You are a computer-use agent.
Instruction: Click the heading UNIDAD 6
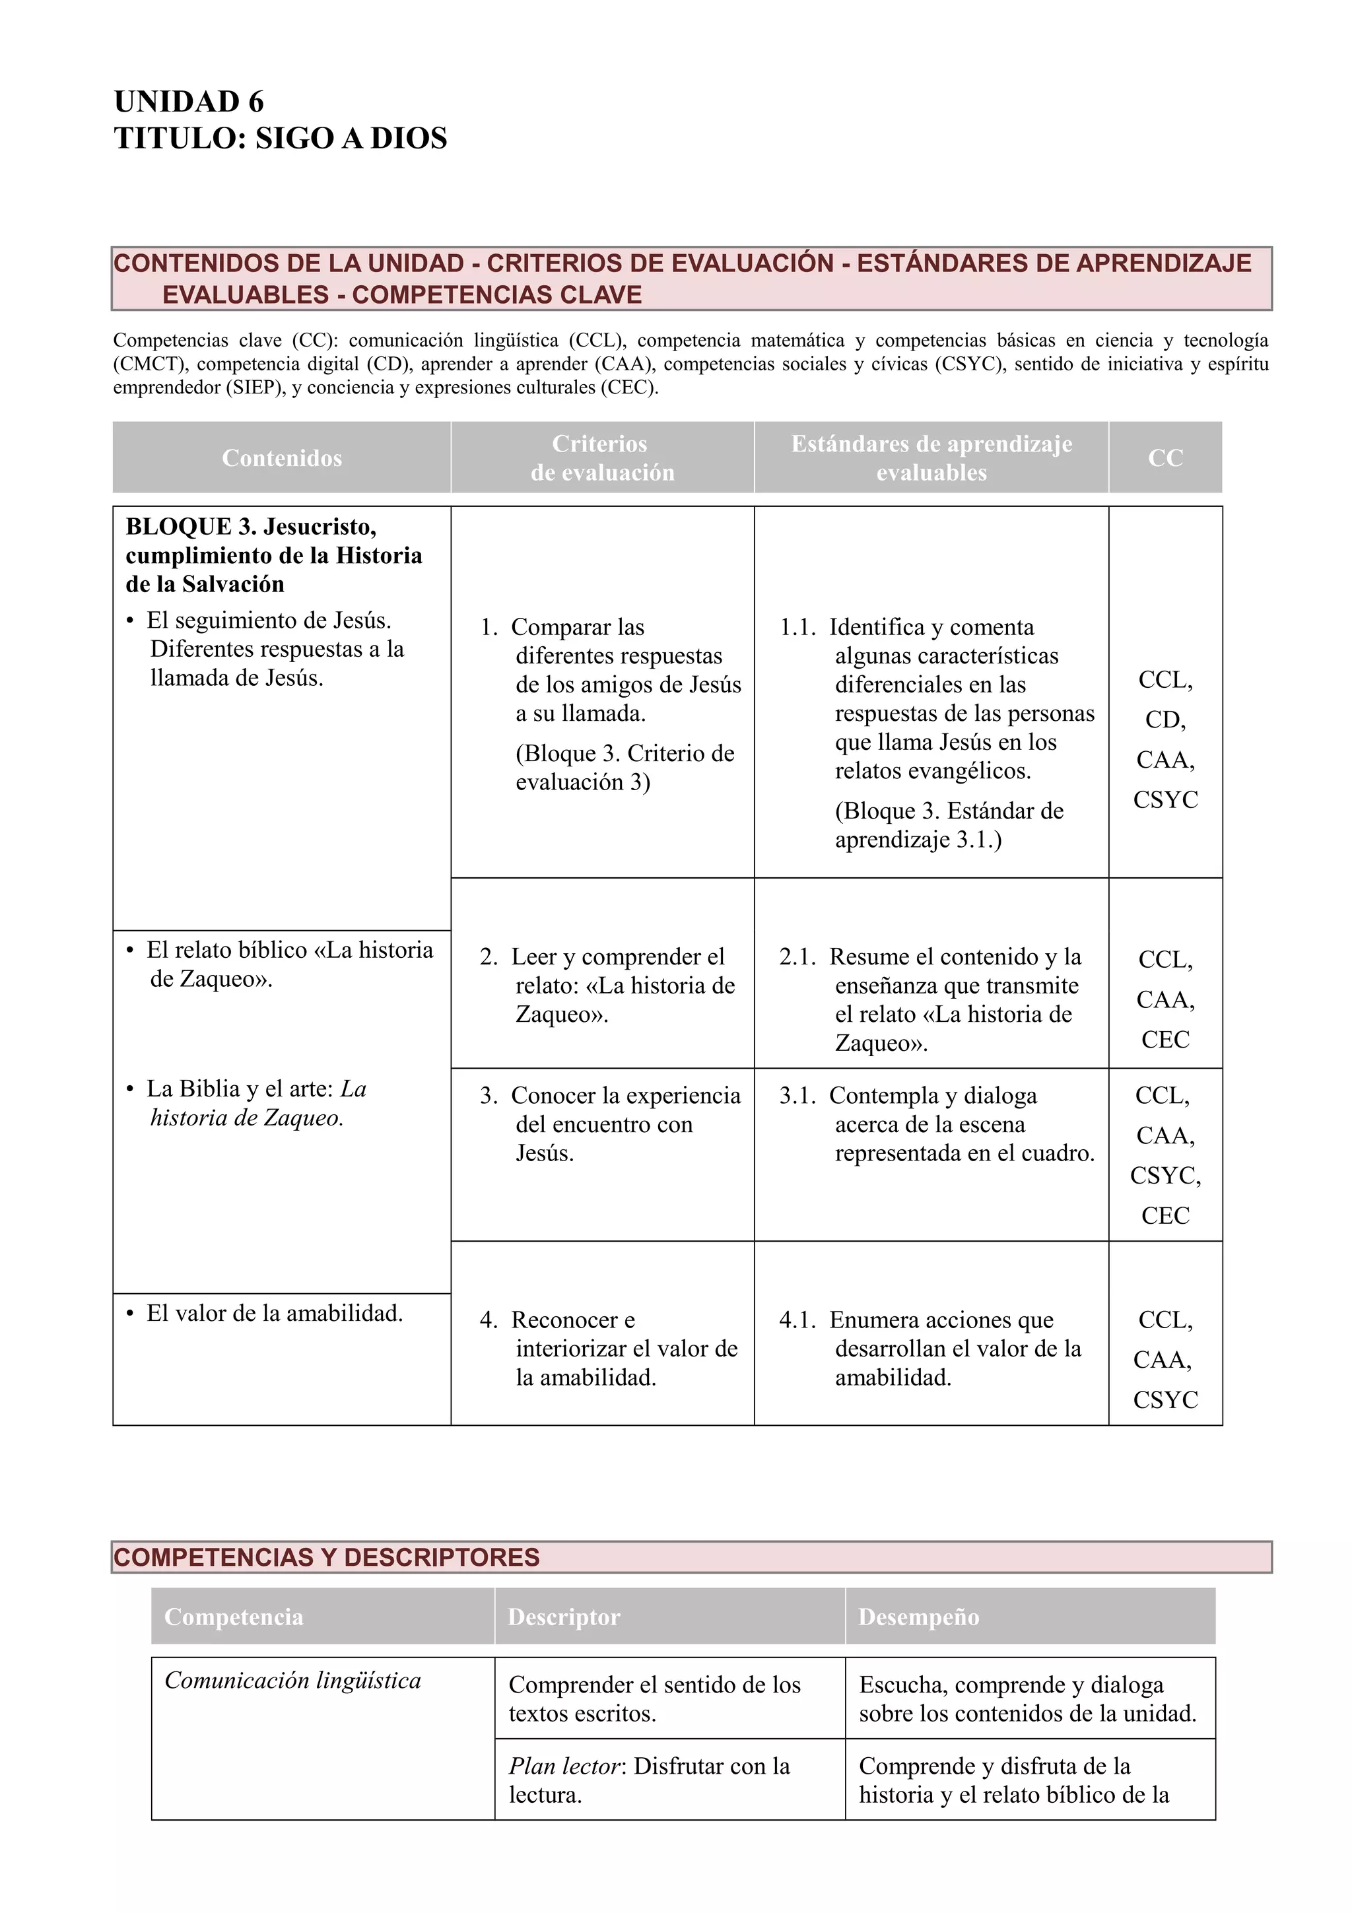(x=188, y=102)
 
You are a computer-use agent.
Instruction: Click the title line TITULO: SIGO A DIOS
(x=280, y=139)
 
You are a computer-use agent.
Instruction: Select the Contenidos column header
(x=282, y=457)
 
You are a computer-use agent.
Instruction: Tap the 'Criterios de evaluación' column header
(x=601, y=457)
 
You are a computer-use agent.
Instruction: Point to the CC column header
(x=1165, y=457)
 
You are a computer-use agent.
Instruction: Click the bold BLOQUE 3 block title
(x=273, y=555)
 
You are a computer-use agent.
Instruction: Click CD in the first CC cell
(x=1165, y=720)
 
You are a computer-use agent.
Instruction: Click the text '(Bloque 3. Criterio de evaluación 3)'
(x=624, y=767)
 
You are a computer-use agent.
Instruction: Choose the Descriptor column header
(x=564, y=1617)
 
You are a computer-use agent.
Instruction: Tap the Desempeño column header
(x=918, y=1617)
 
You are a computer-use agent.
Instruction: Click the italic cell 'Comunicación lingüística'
(x=292, y=1681)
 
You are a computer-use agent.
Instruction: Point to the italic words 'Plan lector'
(x=564, y=1766)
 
